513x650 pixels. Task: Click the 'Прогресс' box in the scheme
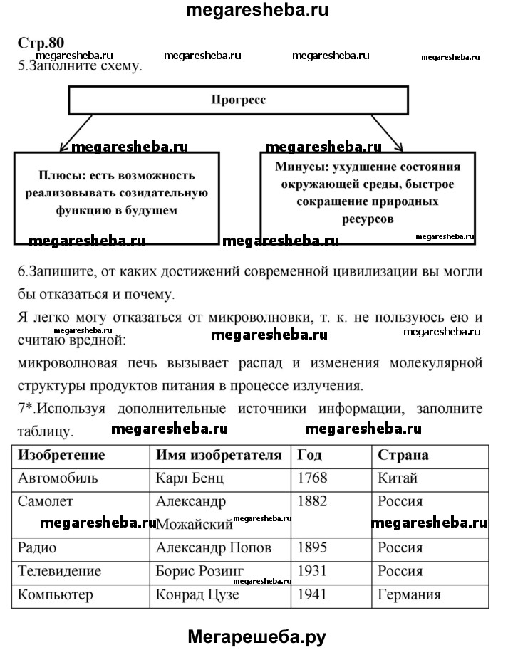pyautogui.click(x=238, y=100)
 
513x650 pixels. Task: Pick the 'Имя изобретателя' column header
pyautogui.click(x=219, y=455)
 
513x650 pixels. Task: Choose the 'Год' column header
pyautogui.click(x=311, y=455)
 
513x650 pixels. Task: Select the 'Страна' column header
pyautogui.click(x=403, y=455)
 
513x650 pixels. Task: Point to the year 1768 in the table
pyautogui.click(x=312, y=478)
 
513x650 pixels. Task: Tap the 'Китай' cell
pyautogui.click(x=398, y=478)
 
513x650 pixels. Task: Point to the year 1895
pyautogui.click(x=312, y=548)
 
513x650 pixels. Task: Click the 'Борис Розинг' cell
pyautogui.click(x=199, y=571)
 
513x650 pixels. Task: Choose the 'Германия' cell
pyautogui.click(x=409, y=594)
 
